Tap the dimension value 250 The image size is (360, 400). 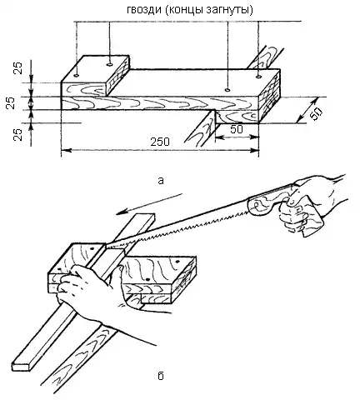point(160,142)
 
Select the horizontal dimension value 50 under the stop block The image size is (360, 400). point(237,129)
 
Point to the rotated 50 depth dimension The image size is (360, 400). point(316,114)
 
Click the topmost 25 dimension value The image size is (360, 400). point(17,67)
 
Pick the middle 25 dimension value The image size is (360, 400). point(10,103)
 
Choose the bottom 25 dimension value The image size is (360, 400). point(17,134)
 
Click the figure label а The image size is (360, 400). point(161,181)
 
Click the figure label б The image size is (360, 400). point(161,376)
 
